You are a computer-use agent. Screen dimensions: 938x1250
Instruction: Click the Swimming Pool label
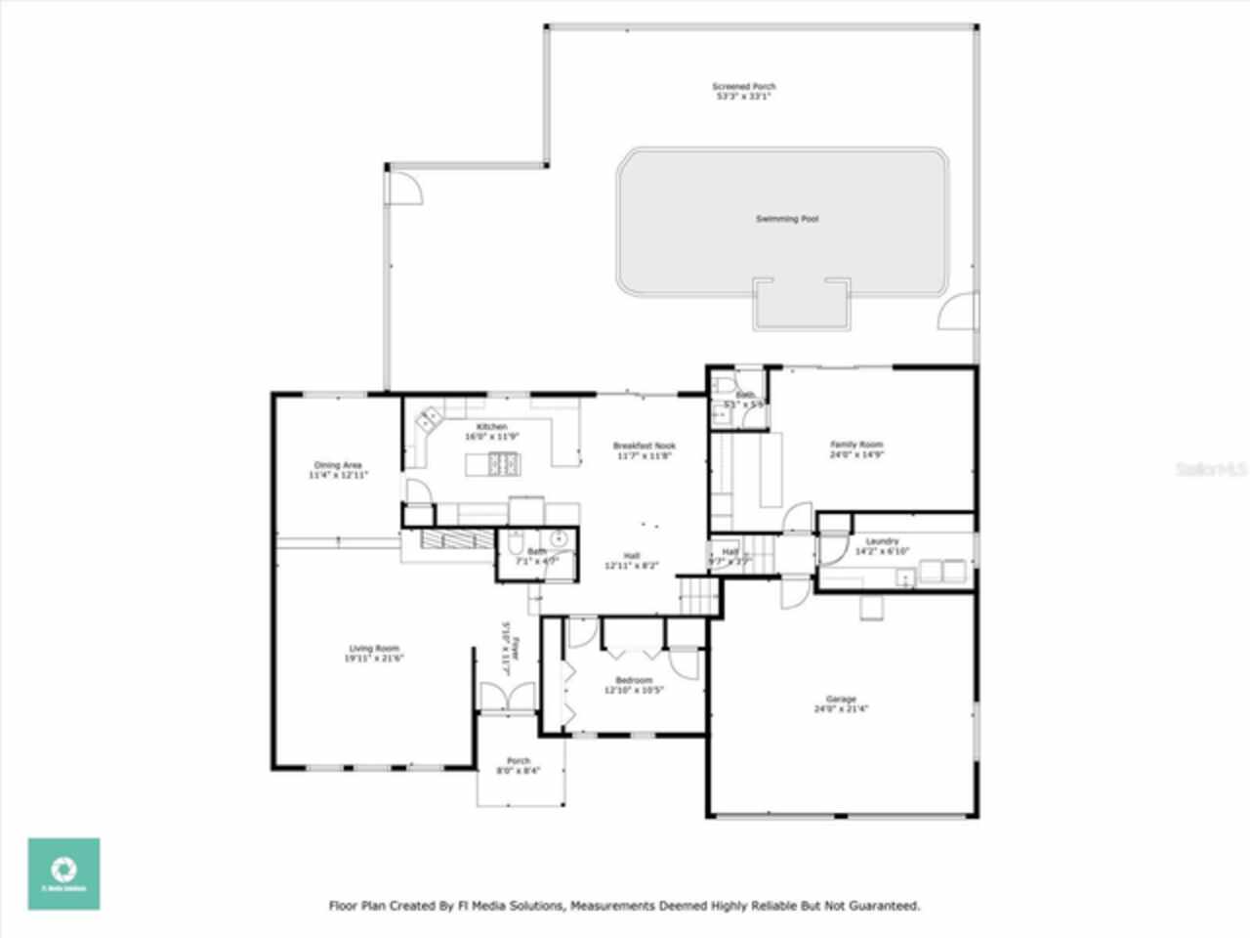786,219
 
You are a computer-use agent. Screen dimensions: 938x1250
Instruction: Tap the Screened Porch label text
743,87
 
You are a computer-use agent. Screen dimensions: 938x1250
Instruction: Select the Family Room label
856,445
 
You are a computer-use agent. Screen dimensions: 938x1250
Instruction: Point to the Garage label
841,699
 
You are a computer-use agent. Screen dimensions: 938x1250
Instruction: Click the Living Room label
374,649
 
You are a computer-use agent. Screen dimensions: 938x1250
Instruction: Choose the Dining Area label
338,465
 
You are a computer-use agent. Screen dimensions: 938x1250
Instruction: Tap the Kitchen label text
491,427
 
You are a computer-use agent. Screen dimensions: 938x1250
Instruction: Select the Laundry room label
882,541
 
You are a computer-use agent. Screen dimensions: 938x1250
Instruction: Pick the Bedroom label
634,680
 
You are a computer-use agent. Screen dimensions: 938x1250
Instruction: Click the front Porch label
519,761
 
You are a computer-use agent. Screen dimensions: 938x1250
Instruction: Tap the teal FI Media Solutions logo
63,874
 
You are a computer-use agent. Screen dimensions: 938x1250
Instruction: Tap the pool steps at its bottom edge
799,303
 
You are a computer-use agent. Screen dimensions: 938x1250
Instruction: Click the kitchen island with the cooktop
493,465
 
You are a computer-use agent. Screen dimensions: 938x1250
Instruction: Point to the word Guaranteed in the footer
885,906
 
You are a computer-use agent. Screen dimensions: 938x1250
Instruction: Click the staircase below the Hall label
698,595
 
